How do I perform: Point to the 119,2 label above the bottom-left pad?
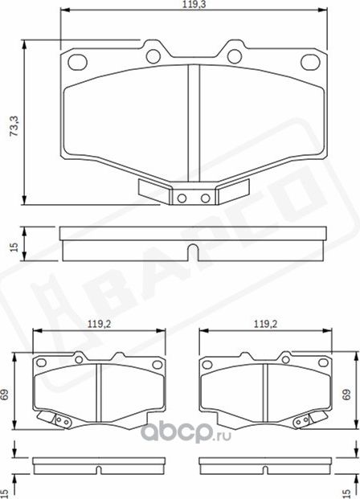tap(98, 325)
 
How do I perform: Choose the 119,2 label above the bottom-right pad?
tap(266, 325)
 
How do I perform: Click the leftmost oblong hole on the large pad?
tap(79, 61)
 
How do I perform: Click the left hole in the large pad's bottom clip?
tap(183, 198)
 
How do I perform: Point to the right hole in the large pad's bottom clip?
tap(205, 198)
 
